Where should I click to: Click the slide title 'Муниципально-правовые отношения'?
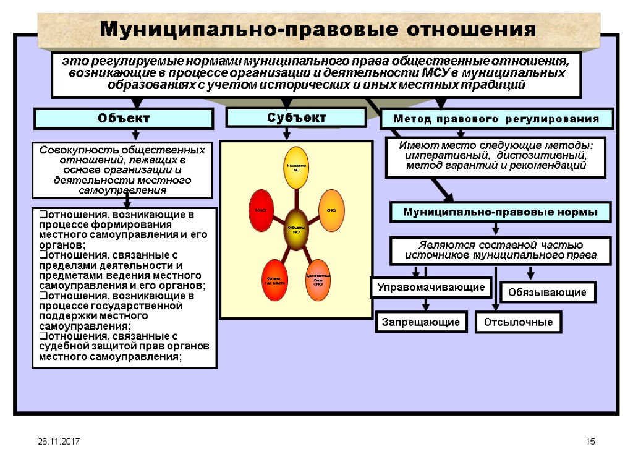[318, 29]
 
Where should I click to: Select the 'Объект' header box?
[123, 118]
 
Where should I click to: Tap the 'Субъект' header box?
[296, 117]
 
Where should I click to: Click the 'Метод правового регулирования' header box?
[496, 118]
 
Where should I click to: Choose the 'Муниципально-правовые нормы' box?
[500, 212]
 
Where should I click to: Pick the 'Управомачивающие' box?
[431, 288]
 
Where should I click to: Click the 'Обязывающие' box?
[548, 292]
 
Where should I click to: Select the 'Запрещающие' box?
[420, 322]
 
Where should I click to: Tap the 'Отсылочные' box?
[518, 322]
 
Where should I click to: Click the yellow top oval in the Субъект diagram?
[295, 168]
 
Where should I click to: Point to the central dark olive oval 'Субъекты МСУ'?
[296, 230]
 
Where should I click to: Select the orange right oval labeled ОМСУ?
[331, 211]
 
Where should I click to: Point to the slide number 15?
[590, 442]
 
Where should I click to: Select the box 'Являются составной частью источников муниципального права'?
[501, 250]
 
